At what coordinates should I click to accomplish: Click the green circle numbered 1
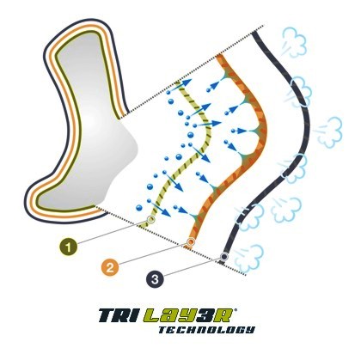point(69,247)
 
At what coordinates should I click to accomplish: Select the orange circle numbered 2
point(110,267)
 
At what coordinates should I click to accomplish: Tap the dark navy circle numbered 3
point(155,278)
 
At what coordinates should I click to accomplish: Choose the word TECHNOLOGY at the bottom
point(206,330)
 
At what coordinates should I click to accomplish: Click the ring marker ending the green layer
point(150,220)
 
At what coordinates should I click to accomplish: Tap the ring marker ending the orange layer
point(191,242)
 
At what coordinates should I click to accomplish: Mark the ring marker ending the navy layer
point(224,256)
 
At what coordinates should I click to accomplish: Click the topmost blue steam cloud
point(294,40)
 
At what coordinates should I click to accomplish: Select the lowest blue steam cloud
point(248,259)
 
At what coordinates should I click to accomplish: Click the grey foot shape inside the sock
point(86,120)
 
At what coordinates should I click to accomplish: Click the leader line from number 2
point(153,253)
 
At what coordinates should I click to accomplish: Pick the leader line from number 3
point(192,267)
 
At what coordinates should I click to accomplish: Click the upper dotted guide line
point(192,71)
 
